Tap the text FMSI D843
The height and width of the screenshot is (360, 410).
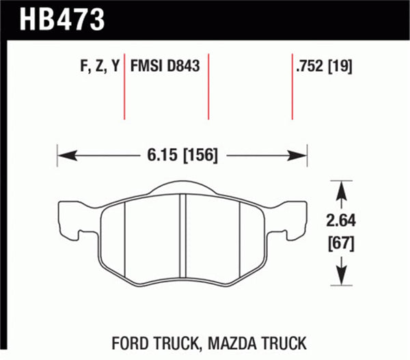(x=165, y=66)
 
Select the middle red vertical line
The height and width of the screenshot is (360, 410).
(x=208, y=86)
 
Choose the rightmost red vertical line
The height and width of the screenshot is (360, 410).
(x=292, y=86)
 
